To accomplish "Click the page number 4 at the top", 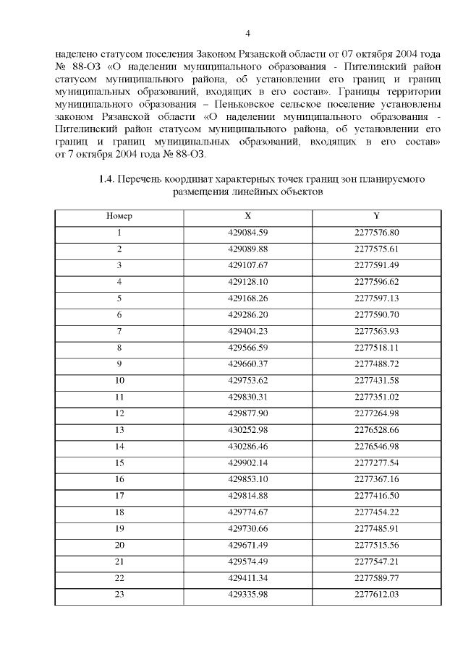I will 247,34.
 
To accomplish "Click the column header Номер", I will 119,216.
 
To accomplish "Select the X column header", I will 247,216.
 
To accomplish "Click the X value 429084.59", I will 248,232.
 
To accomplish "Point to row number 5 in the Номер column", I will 119,298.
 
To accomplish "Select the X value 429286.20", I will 248,314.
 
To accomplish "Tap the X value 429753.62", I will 248,380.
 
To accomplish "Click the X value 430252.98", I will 248,429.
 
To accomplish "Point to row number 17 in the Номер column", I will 119,495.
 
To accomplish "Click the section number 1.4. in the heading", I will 107,178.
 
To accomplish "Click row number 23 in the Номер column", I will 119,593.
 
